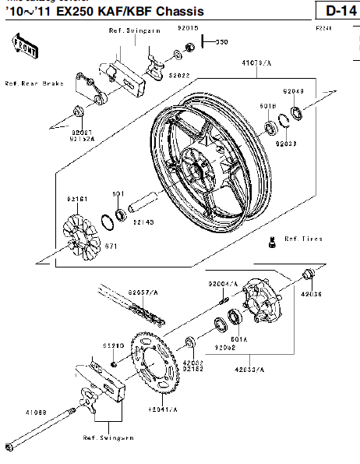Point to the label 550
[x=221, y=42]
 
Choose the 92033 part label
[x=287, y=143]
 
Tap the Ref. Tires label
[x=305, y=239]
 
